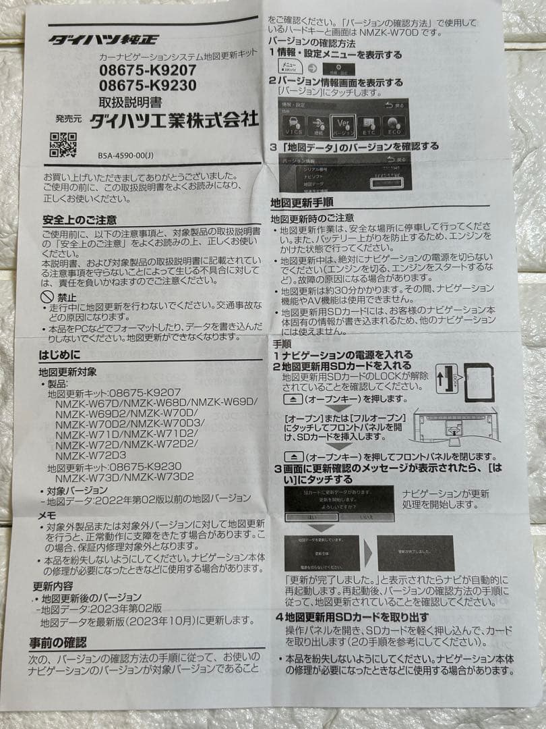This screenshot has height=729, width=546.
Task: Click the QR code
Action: pos(63,144)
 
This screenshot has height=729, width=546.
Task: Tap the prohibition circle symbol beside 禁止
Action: pos(47,296)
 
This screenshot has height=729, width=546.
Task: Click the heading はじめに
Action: pos(59,354)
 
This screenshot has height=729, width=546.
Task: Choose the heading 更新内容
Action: pos(56,586)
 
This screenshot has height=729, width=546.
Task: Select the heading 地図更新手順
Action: pos(301,201)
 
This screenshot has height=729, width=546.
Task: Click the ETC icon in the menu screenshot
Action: pos(367,126)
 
